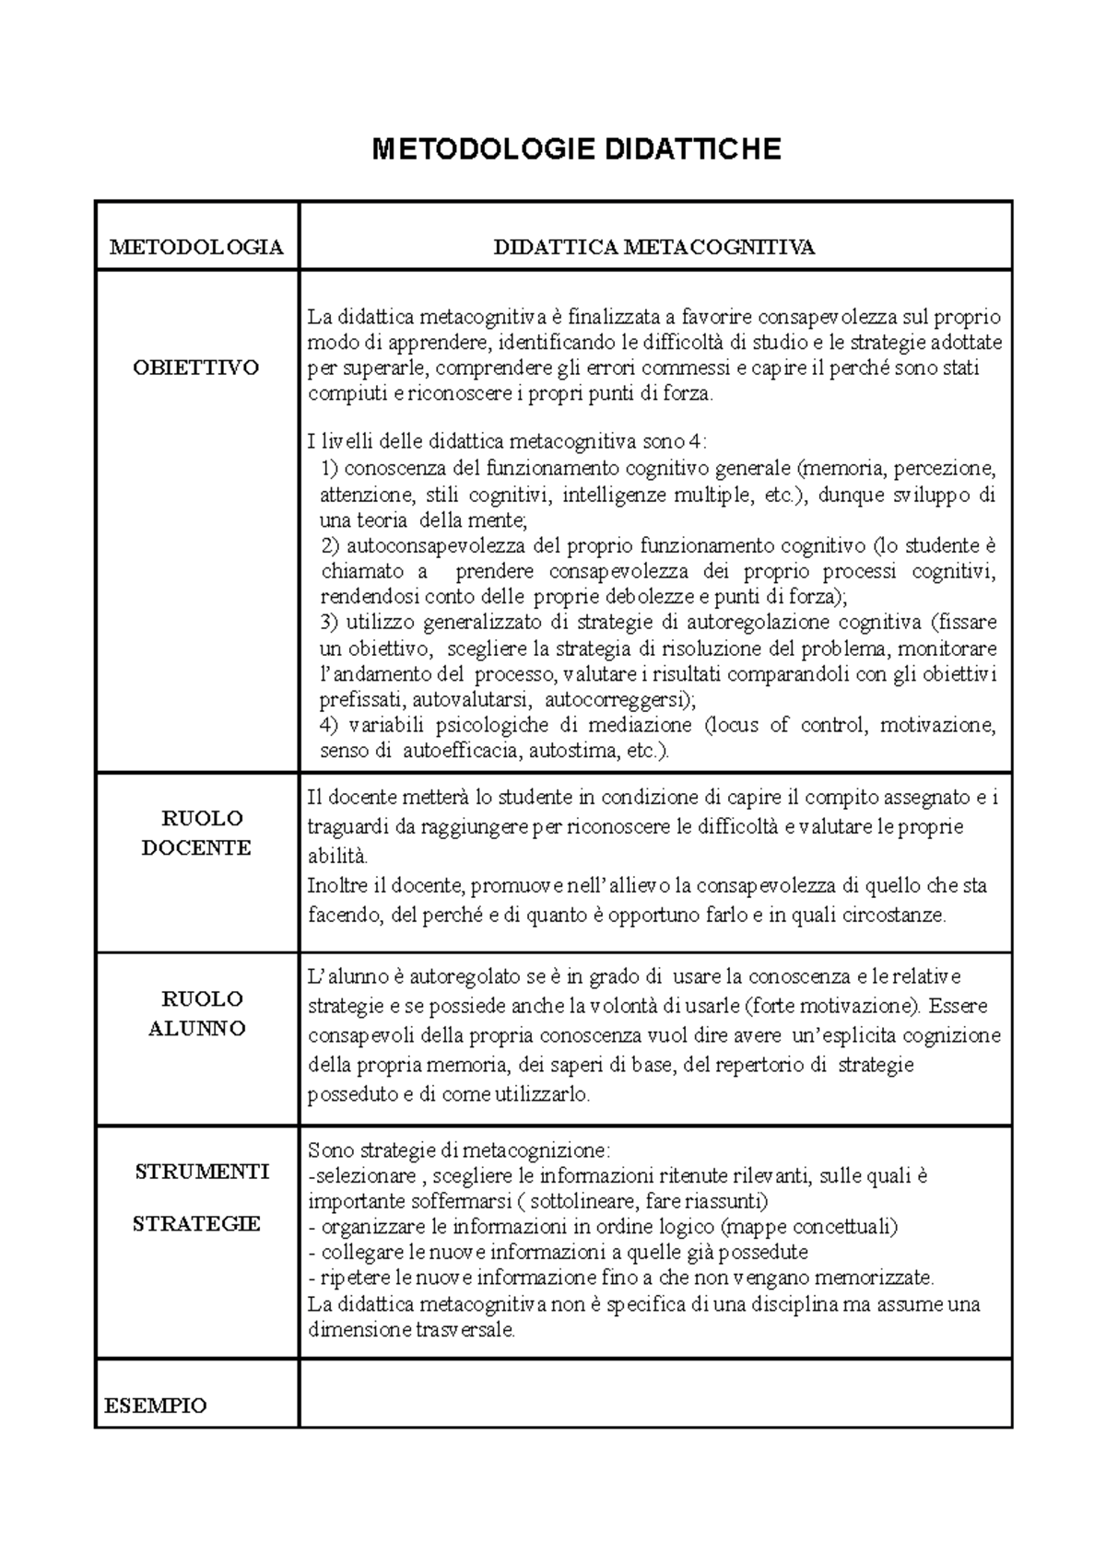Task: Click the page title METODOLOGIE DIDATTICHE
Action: click(576, 149)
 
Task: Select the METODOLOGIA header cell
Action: click(196, 247)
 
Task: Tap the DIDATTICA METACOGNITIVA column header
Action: click(654, 247)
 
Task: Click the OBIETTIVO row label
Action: click(196, 368)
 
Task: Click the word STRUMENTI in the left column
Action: click(202, 1172)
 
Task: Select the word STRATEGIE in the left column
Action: click(196, 1223)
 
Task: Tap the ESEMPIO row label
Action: click(156, 1406)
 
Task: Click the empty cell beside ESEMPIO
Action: click(654, 1393)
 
